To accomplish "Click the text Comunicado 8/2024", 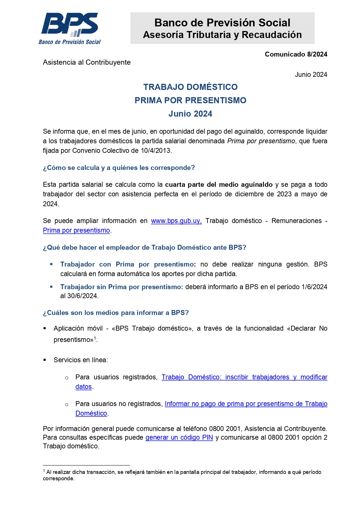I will pos(296,54).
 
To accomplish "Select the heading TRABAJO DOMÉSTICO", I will pos(190,87).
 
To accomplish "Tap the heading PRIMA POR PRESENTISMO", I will pos(190,100).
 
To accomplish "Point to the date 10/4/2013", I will pos(156,151).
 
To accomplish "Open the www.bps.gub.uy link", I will pos(176,221).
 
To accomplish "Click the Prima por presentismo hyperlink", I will pos(76,230).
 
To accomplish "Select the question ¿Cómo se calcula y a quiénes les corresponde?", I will pos(119,168).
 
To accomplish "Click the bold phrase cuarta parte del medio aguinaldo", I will pos(219,184).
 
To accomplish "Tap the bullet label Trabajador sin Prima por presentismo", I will pos(121,287).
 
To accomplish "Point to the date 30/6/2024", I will pos(82,296).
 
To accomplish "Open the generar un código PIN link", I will pos(179,437).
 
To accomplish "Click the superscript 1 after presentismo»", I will pos(95,338).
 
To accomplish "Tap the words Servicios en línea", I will pos(81,360).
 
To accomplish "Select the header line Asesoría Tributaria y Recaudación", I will pos(222,35).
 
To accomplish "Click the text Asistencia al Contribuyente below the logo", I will pos(87,62).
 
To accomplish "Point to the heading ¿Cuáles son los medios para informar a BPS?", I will pos(116,313).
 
